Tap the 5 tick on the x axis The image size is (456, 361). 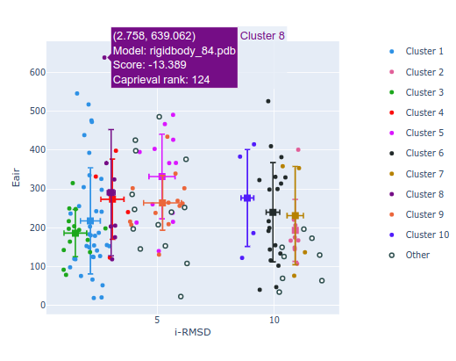point(157,320)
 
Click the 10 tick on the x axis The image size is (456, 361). point(274,320)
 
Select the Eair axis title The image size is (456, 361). point(15,180)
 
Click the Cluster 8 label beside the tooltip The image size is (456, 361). point(262,36)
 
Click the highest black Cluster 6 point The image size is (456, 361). point(268,101)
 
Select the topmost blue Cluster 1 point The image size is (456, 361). point(77,93)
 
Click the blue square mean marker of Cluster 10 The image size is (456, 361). point(246,199)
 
